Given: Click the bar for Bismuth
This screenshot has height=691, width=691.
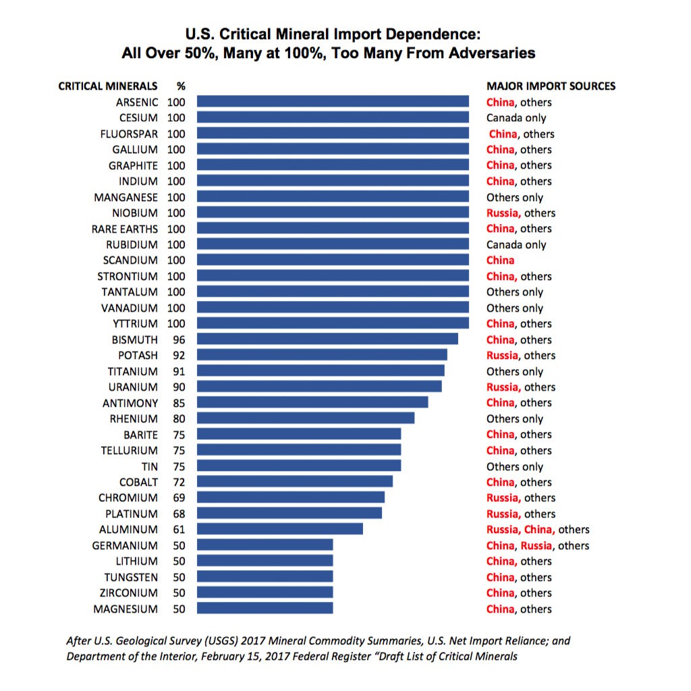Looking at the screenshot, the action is tap(327, 339).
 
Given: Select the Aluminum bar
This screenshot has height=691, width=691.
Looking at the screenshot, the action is tap(280, 529).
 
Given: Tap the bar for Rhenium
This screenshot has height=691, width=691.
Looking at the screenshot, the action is tap(306, 418).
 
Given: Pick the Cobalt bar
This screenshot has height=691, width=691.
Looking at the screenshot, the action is tap(295, 481).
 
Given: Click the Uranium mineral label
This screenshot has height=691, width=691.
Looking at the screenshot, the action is tap(133, 387).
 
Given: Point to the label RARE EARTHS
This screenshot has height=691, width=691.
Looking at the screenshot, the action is tap(125, 229).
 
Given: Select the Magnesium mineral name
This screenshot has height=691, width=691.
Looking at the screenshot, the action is tap(126, 609).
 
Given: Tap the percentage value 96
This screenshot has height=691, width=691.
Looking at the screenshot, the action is tap(179, 340).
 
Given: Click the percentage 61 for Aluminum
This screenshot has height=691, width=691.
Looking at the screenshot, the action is tap(179, 529).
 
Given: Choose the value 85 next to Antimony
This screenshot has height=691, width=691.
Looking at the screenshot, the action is tap(179, 404).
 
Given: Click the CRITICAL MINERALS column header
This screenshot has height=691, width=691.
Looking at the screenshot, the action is tap(108, 86).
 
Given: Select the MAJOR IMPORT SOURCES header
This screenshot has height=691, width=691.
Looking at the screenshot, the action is tap(551, 86).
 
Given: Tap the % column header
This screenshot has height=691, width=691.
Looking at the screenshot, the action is tap(181, 86).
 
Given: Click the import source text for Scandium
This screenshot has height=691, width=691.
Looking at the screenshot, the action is tap(500, 260).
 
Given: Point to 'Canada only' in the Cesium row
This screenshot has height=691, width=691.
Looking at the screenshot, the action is tap(516, 118).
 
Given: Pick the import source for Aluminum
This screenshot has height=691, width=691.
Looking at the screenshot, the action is tap(538, 529).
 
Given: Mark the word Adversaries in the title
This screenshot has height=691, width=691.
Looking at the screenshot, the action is tap(492, 53).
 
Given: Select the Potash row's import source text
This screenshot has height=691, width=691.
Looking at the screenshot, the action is tap(521, 355).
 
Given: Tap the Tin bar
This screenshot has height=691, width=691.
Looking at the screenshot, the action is tap(299, 466).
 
